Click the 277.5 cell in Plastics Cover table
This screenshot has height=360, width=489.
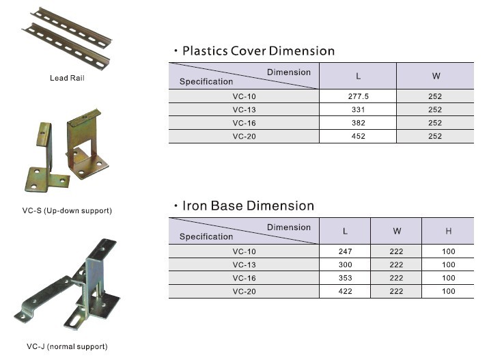click(x=359, y=96)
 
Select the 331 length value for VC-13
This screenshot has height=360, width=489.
click(x=359, y=110)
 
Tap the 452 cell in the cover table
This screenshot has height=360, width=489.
click(x=359, y=137)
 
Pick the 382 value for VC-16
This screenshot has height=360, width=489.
click(x=359, y=123)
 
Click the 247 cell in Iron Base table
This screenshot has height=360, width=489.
click(x=345, y=251)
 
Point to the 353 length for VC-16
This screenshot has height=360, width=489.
click(x=345, y=278)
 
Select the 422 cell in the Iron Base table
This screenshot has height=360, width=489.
click(x=345, y=292)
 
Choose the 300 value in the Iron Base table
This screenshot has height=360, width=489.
click(x=345, y=265)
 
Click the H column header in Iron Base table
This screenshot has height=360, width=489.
click(x=449, y=231)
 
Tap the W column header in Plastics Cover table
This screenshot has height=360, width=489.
click(x=436, y=76)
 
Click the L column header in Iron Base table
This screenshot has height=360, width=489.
click(x=345, y=231)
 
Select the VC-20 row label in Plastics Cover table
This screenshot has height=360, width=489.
click(x=244, y=137)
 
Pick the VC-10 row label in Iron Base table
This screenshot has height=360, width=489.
click(x=244, y=251)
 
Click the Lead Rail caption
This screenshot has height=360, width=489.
click(x=67, y=78)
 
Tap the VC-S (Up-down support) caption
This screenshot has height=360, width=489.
click(x=67, y=210)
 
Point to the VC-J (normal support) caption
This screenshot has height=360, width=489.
click(x=67, y=346)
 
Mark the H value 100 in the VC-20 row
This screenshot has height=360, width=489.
click(x=449, y=292)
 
